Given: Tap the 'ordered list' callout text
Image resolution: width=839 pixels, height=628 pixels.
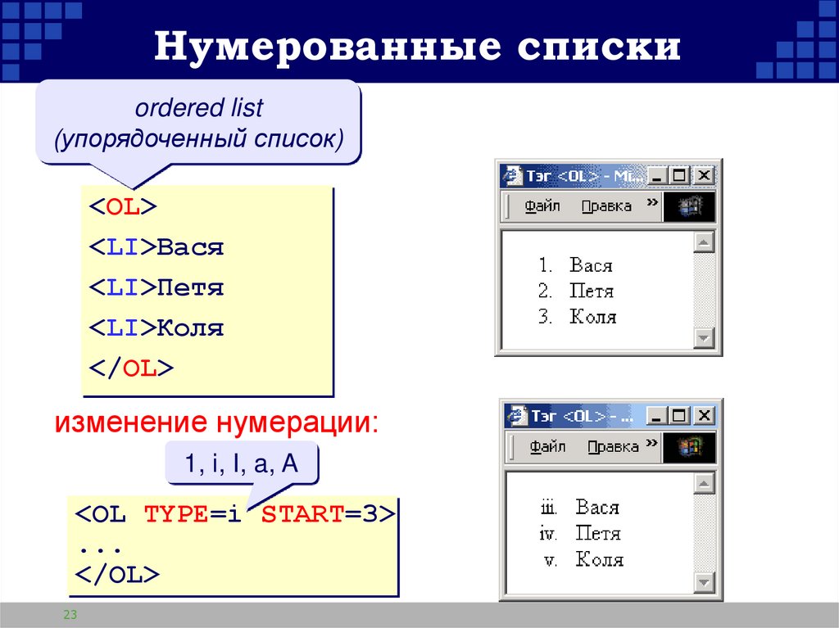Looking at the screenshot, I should pos(199,107).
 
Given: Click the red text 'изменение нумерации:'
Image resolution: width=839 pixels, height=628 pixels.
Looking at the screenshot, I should pos(217,423).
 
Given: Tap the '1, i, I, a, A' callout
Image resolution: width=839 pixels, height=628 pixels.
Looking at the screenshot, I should pos(241,465).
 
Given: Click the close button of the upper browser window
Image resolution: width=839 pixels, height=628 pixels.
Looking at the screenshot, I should pos(704,175).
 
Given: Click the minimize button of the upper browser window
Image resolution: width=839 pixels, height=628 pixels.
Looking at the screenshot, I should pos(658,175).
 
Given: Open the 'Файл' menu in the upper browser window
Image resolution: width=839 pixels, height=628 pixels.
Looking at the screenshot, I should pos(542,206).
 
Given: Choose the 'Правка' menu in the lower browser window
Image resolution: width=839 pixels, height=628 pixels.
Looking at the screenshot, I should pos(613,447).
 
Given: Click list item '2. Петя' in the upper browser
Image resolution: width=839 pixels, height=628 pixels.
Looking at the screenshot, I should pos(577,291).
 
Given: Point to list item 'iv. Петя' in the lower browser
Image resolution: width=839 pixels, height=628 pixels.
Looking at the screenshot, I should pos(580,534).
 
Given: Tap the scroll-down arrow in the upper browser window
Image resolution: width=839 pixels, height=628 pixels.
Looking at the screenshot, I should pos(704,337).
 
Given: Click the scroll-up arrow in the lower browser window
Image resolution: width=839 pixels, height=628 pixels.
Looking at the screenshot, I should pos(704,483).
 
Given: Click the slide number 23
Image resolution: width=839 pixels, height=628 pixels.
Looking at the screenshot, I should pos(70,615).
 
